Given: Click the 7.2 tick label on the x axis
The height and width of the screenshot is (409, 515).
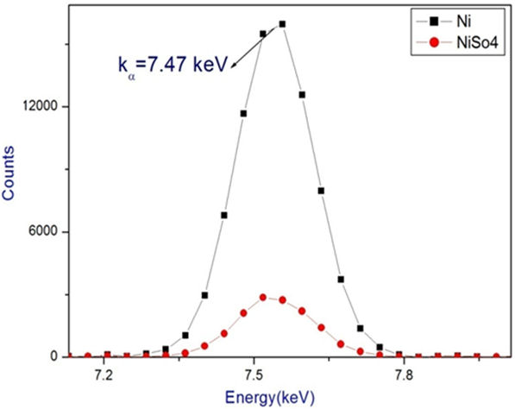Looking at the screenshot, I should [104, 377].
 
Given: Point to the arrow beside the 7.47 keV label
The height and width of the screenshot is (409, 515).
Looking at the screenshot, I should [254, 44].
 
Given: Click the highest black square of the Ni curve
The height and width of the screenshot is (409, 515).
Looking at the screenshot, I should [282, 24].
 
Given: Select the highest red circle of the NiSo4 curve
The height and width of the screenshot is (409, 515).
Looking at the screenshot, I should [263, 297].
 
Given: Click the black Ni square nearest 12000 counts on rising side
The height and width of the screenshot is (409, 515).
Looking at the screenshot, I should [244, 113].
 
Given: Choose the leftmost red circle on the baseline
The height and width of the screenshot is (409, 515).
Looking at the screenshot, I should [87, 356].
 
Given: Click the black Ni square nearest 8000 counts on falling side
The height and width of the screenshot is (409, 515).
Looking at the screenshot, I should [321, 191].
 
